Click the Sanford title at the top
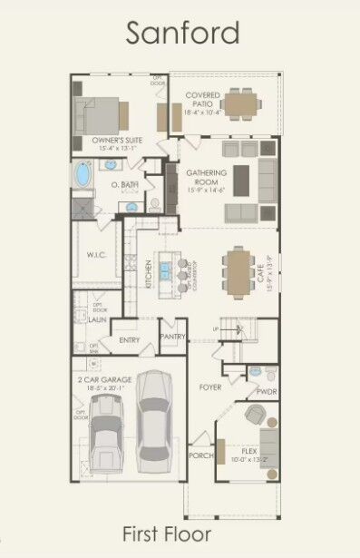pyautogui.click(x=182, y=33)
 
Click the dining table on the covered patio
pyautogui.click(x=240, y=103)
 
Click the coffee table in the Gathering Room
pyautogui.click(x=241, y=179)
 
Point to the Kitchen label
pyautogui.click(x=149, y=273)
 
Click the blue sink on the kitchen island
pyautogui.click(x=166, y=269)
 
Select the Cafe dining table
pyautogui.click(x=238, y=272)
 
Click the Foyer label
pyautogui.click(x=210, y=387)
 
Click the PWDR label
pyautogui.click(x=266, y=393)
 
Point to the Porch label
pyautogui.click(x=200, y=455)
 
